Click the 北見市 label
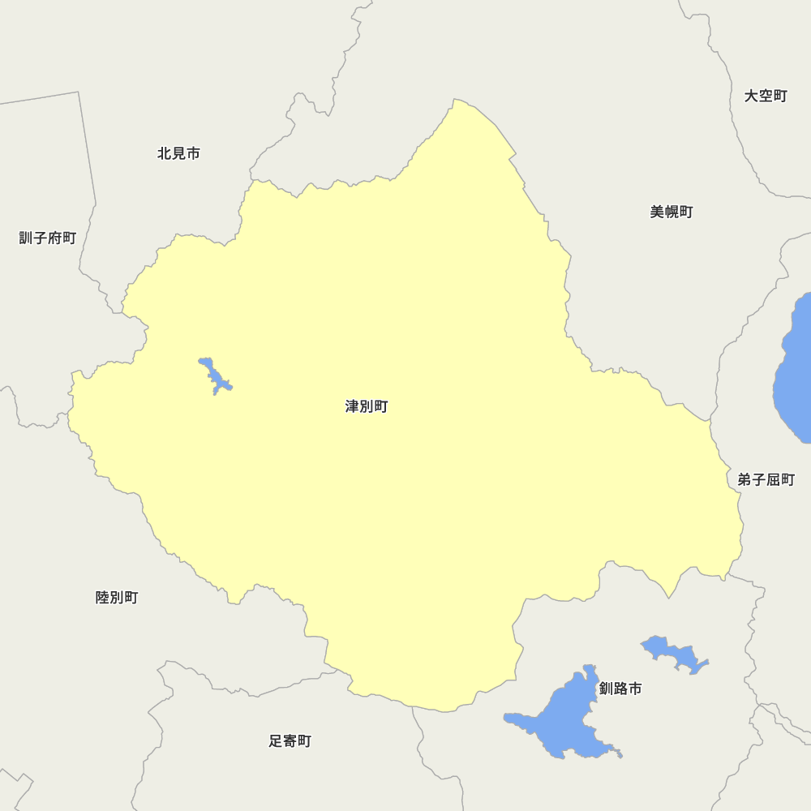(x=178, y=153)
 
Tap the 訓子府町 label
(x=48, y=238)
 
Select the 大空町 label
(x=766, y=96)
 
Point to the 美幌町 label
(x=672, y=212)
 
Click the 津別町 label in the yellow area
(x=367, y=406)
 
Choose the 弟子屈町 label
(x=766, y=479)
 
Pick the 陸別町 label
(x=117, y=598)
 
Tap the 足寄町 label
(x=290, y=740)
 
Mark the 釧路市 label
(x=620, y=689)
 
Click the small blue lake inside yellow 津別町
(x=214, y=375)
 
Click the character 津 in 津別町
(x=353, y=406)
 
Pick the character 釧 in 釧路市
(x=607, y=689)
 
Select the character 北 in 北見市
(x=165, y=153)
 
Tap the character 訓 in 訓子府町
(x=26, y=238)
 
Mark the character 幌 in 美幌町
(x=672, y=212)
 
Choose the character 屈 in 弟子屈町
(x=774, y=479)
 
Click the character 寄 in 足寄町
(x=290, y=740)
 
